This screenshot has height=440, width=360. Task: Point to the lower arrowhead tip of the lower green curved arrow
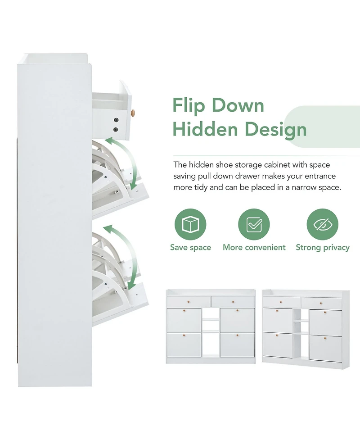pos(130,289)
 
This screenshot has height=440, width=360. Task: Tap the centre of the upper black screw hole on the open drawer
pos(116,120)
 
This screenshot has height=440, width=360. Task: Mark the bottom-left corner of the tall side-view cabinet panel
pos(18,387)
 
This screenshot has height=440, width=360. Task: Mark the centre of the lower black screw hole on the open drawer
pos(116,129)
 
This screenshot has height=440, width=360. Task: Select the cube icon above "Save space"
pos(190,224)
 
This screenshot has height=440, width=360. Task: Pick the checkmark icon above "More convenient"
pos(254,224)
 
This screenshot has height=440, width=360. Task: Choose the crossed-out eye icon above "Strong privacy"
pos(323,224)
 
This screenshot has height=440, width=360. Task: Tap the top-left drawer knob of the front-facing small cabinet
pos(189,302)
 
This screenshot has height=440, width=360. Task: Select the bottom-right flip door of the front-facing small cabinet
pos(237,345)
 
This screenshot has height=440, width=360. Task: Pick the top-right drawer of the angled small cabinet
pos(322,303)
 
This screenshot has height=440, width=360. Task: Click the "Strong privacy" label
pos(323,248)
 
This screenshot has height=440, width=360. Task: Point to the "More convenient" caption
pos(254,247)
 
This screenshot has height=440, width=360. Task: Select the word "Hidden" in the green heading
pos(205,129)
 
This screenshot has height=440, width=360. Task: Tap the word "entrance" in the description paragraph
pos(320,176)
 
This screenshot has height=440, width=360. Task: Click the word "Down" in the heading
pos(238,105)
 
